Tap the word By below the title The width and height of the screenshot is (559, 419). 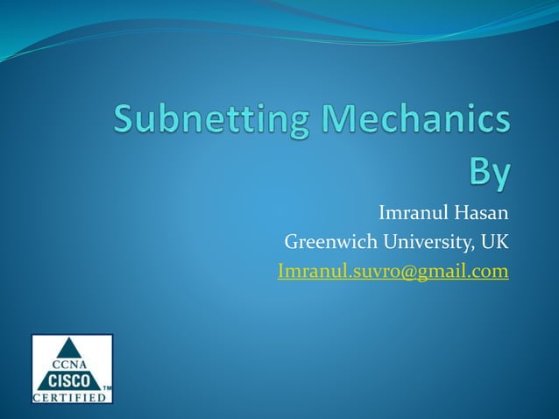489,171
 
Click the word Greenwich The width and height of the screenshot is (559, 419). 329,242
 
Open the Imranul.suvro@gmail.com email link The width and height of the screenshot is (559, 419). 393,272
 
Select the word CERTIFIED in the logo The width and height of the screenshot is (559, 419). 72,397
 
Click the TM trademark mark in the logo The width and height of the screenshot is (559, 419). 106,387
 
